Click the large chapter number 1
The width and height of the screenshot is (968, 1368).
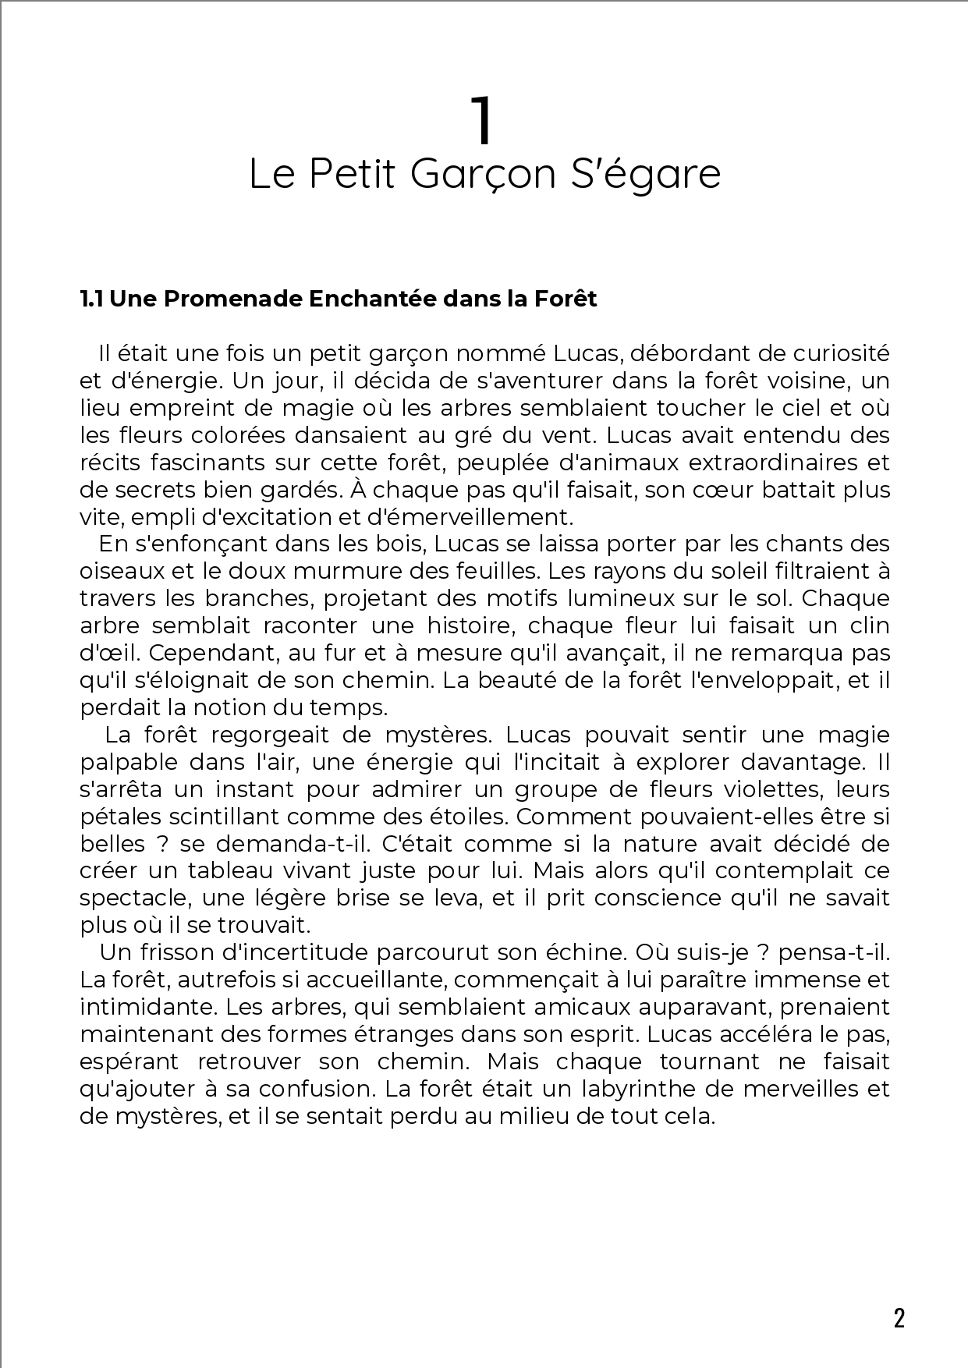[x=483, y=122]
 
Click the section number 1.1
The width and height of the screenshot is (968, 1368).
[x=92, y=299]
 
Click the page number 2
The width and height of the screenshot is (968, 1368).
[x=899, y=1318]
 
